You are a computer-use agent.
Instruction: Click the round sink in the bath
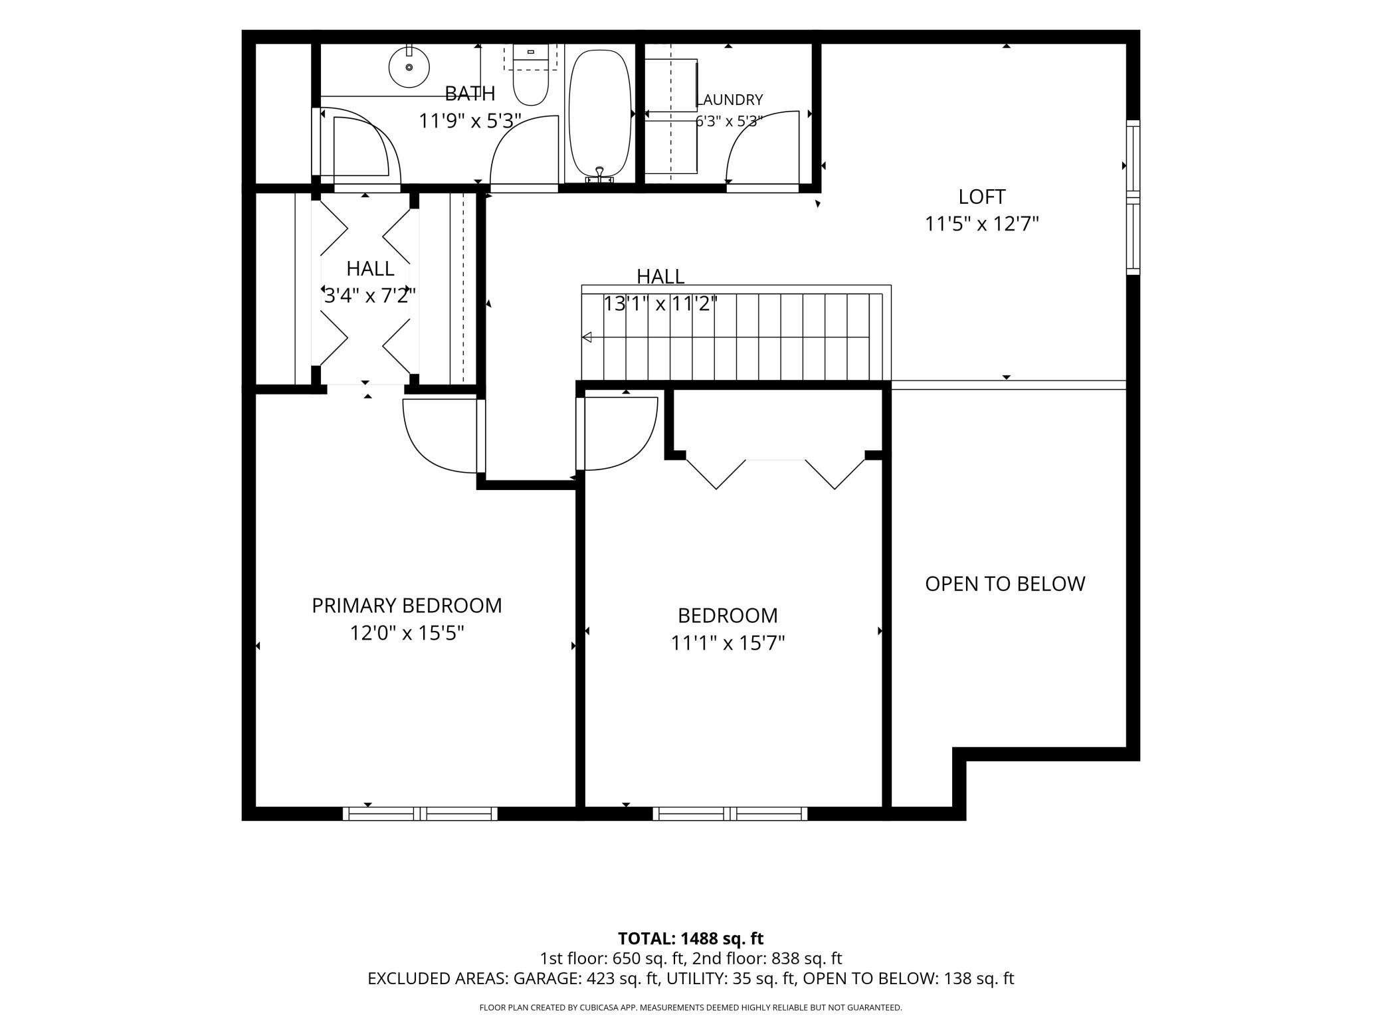click(x=409, y=66)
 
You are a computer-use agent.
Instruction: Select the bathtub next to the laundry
click(x=600, y=113)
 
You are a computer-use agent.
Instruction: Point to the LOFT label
click(x=981, y=197)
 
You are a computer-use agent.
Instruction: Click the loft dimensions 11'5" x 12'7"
click(x=981, y=224)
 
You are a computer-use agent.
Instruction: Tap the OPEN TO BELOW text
click(x=1005, y=584)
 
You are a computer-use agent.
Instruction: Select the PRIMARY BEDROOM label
click(x=407, y=606)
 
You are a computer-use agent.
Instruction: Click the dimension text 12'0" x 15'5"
click(x=407, y=634)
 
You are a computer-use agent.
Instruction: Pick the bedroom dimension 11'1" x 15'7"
click(x=728, y=644)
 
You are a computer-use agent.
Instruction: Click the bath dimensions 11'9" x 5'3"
click(x=470, y=122)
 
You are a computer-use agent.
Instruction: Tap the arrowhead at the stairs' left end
click(x=587, y=337)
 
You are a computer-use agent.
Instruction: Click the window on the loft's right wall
click(x=1133, y=197)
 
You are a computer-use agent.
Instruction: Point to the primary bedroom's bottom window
click(x=420, y=814)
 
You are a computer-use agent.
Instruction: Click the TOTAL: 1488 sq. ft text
click(x=690, y=938)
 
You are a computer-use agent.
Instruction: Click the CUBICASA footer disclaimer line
click(x=690, y=1007)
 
